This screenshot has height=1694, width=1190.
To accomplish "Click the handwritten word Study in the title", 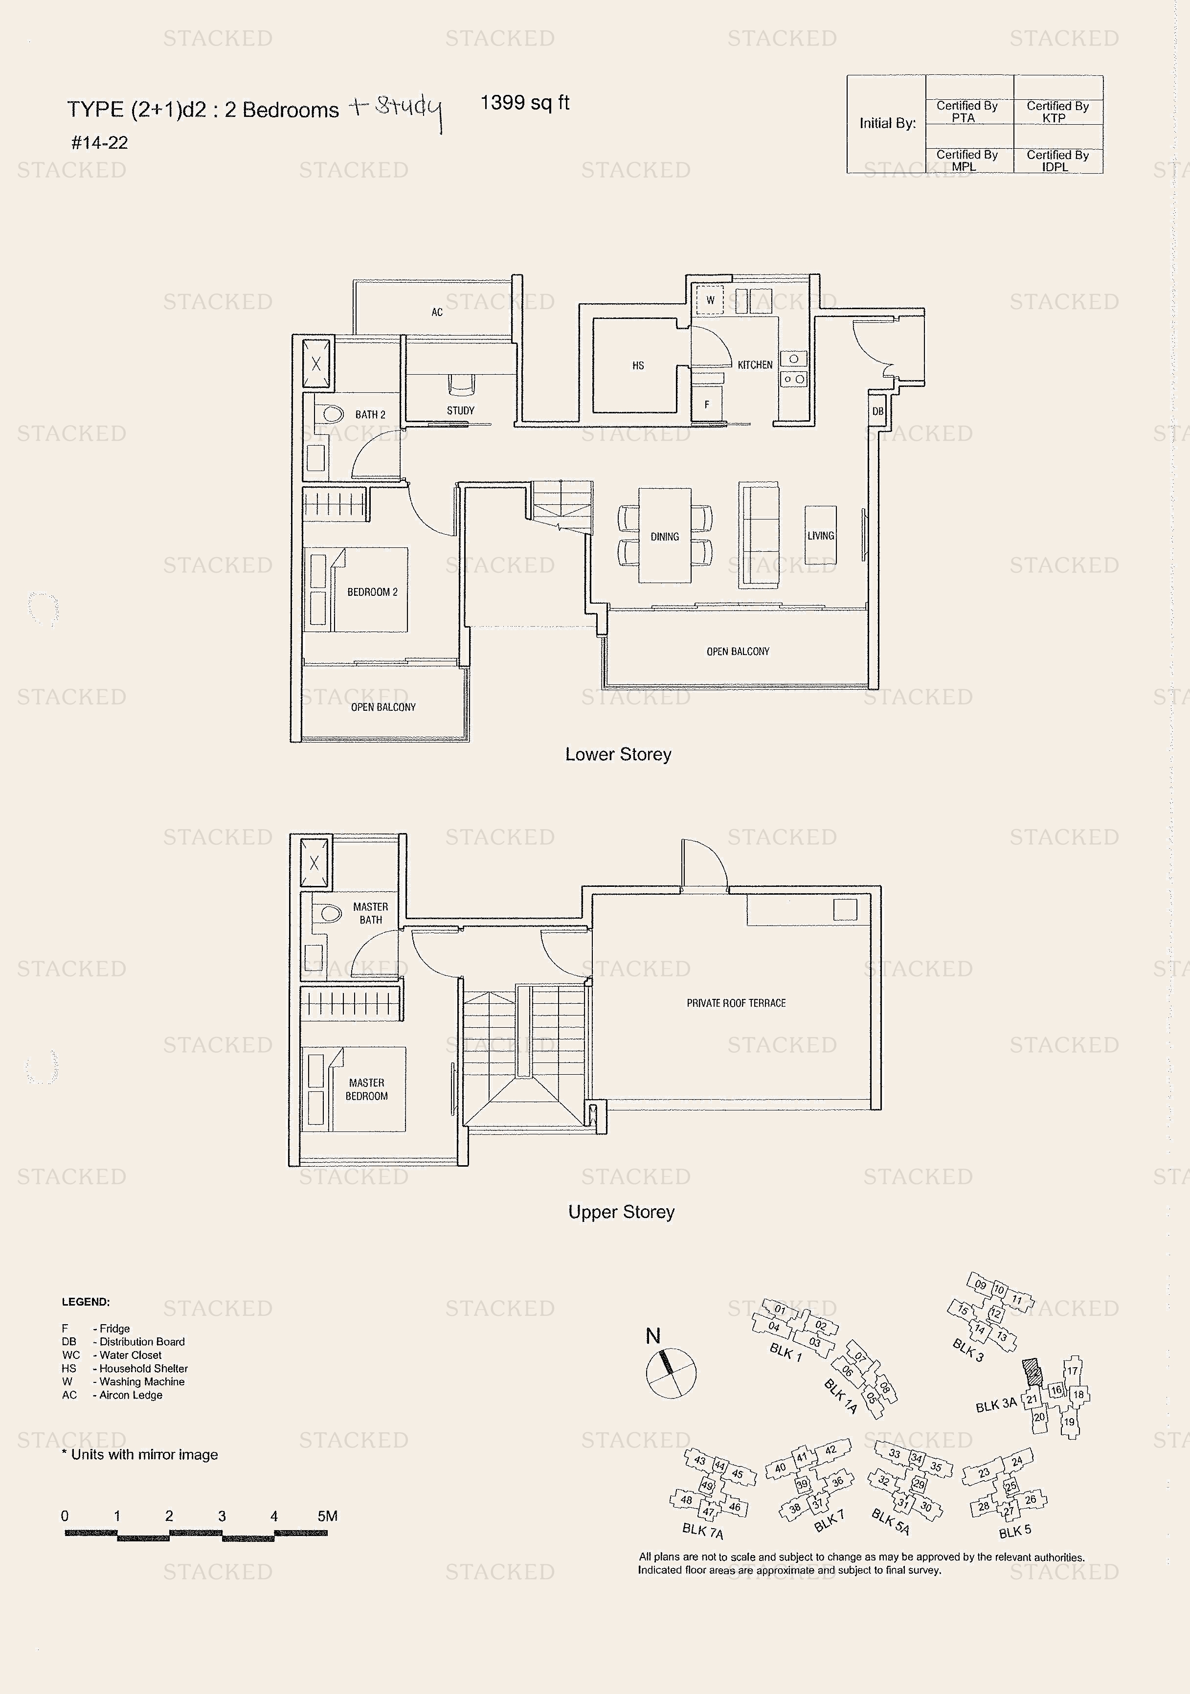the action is (408, 110).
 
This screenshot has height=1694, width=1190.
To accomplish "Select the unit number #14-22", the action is (100, 143).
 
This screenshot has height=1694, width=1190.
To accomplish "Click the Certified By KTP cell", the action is (1057, 112).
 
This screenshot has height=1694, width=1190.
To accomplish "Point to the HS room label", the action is (638, 365).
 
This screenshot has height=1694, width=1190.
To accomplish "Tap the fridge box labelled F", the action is (706, 405).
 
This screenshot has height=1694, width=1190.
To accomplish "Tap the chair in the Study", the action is (461, 384).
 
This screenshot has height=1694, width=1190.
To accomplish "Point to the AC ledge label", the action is (437, 312).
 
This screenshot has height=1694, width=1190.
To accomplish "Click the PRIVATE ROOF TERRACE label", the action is (736, 1003).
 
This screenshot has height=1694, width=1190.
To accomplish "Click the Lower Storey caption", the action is (618, 754).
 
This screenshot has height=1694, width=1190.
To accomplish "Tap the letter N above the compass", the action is (653, 1335).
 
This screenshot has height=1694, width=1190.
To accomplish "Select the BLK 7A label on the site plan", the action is (702, 1531).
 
